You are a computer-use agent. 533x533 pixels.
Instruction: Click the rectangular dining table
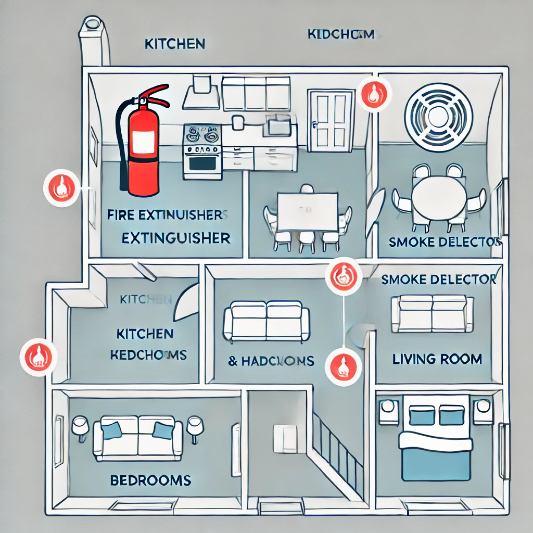click(307, 211)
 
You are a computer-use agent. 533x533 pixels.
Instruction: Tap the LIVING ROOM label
click(437, 359)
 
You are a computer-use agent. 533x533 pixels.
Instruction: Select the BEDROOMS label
click(150, 479)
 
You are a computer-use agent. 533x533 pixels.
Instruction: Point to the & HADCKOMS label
click(271, 361)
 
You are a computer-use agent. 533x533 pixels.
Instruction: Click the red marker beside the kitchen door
click(374, 94)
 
